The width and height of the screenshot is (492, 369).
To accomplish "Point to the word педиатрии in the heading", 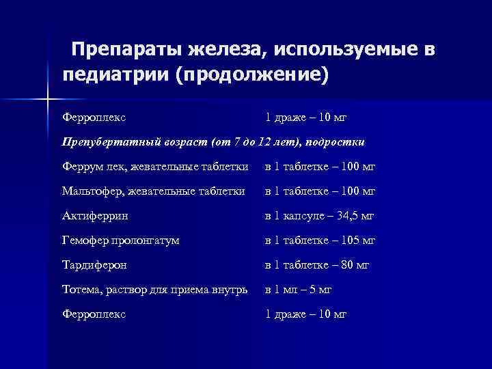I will (x=113, y=74).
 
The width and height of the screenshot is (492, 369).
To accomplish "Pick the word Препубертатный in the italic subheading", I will (x=107, y=142).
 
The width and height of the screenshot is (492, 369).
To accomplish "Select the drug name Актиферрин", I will (x=95, y=216).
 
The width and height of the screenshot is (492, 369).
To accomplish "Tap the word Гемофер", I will (x=84, y=241).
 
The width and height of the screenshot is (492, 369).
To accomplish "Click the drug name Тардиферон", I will (x=94, y=265).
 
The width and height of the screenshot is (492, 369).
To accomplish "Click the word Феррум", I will (x=81, y=167).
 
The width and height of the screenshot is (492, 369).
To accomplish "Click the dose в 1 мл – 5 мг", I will (x=299, y=290).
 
